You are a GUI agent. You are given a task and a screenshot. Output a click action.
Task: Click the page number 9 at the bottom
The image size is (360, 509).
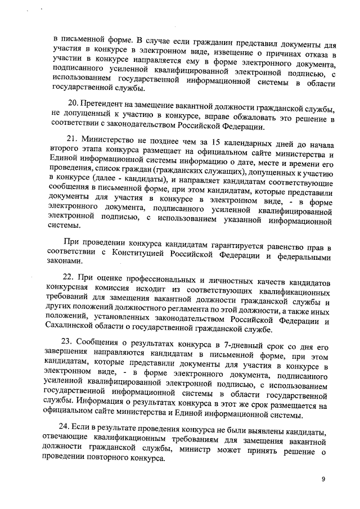tap(323, 479)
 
